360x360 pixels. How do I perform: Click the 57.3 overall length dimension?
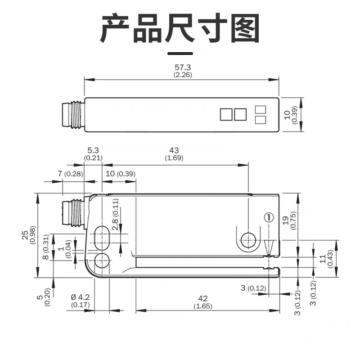[183, 71]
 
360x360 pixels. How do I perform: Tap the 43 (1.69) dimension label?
[174, 154]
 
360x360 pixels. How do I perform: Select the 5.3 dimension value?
[93, 150]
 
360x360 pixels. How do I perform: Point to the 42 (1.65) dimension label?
[203, 302]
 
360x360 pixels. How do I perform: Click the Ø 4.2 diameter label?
[80, 297]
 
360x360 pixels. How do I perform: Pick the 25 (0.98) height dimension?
[29, 235]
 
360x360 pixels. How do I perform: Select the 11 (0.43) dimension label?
[326, 259]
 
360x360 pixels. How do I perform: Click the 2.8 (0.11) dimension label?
[116, 215]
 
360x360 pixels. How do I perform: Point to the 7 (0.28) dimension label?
[70, 174]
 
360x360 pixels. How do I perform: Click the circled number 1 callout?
[269, 217]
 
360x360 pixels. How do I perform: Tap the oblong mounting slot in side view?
[102, 238]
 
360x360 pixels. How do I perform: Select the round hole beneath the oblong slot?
[102, 261]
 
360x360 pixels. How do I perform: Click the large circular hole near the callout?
[249, 240]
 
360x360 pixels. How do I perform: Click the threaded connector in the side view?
[73, 213]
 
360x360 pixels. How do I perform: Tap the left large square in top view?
[226, 114]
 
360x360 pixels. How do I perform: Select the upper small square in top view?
[261, 109]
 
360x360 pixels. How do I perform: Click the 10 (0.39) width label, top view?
[291, 115]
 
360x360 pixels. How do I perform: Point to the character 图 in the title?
[245, 28]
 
